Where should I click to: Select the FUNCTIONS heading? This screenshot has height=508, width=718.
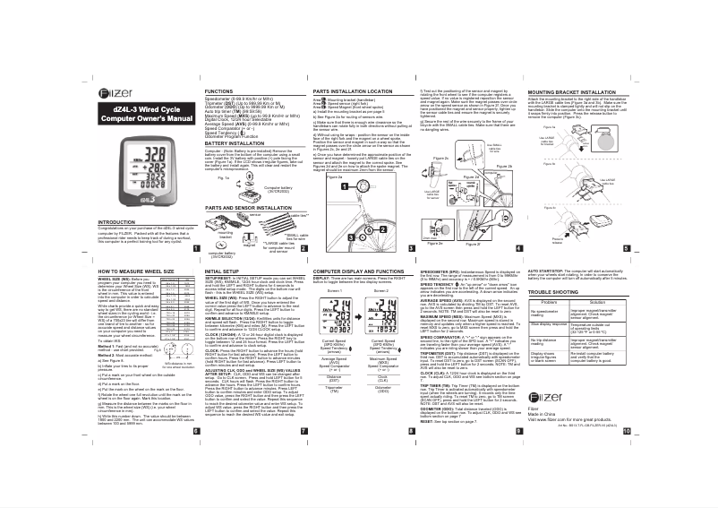[220, 92]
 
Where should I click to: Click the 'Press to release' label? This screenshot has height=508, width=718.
[609, 241]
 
